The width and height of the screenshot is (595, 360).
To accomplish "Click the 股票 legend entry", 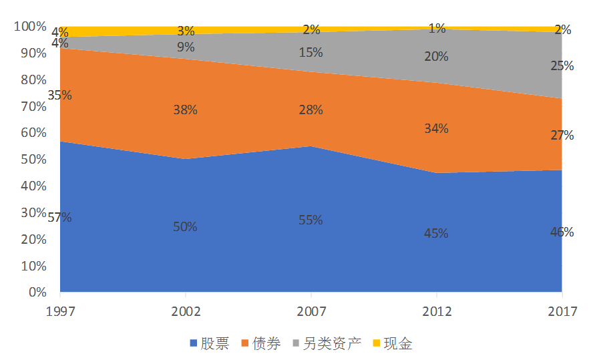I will pyautogui.click(x=210, y=344).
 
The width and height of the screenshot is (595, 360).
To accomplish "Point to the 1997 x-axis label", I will pyautogui.click(x=60, y=312).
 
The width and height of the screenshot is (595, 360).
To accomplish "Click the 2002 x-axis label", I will pyautogui.click(x=185, y=312).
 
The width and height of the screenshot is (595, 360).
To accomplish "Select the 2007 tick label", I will pyautogui.click(x=311, y=312).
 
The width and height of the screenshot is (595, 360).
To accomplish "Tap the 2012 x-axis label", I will pyautogui.click(x=436, y=312).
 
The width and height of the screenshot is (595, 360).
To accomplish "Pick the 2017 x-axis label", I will pyautogui.click(x=561, y=312).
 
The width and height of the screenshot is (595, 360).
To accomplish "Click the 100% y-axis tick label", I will pyautogui.click(x=30, y=27).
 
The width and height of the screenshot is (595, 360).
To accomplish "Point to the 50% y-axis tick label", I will pyautogui.click(x=33, y=160).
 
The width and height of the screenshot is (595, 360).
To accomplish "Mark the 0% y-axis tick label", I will pyautogui.click(x=36, y=293).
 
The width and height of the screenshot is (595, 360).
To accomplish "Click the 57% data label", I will pyautogui.click(x=59, y=217).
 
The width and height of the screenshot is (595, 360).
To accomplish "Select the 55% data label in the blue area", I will pyautogui.click(x=311, y=220).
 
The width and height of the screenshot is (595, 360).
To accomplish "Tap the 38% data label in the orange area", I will pyautogui.click(x=185, y=110).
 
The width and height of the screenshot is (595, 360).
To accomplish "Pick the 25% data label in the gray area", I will pyautogui.click(x=562, y=66).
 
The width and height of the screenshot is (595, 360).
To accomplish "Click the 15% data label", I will pyautogui.click(x=311, y=52).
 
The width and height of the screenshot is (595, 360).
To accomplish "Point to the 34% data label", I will pyautogui.click(x=436, y=128).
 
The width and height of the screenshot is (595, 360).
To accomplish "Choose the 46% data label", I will pyautogui.click(x=562, y=232).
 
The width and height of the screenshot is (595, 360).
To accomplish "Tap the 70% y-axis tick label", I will pyautogui.click(x=33, y=106).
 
